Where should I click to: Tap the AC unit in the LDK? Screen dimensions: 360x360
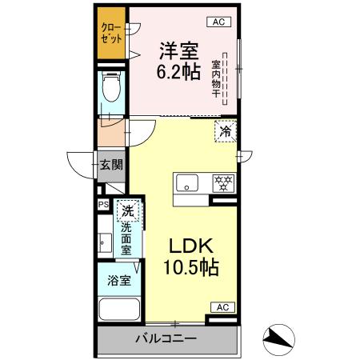pos(222,307)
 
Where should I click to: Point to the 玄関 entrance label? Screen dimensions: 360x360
pos(111,166)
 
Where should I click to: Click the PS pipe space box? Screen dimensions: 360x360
pos(102,205)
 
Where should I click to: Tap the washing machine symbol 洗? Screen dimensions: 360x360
pos(126,212)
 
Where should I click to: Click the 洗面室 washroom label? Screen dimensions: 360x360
pos(126,238)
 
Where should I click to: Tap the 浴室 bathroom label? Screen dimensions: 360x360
pos(113,281)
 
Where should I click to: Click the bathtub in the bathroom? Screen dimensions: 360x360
pos(118,310)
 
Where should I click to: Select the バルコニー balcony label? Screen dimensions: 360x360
pos(165,339)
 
